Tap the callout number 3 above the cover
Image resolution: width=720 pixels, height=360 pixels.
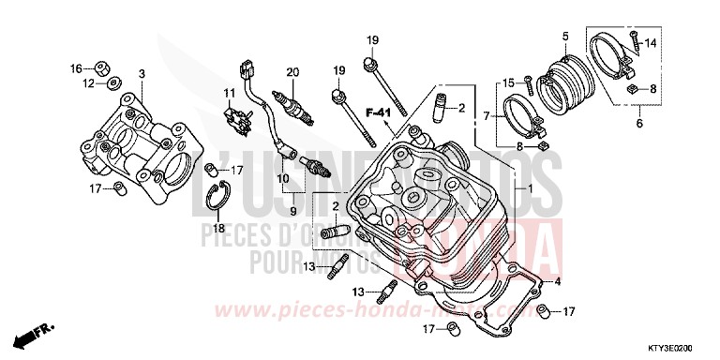(x=141, y=73)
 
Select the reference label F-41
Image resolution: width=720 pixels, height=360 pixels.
(x=378, y=113)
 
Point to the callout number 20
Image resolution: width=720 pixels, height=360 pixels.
(x=292, y=72)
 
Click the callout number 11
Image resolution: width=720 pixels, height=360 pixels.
(x=227, y=92)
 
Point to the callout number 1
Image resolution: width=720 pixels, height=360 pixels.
(x=529, y=188)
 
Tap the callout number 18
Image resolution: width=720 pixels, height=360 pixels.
(x=217, y=228)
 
